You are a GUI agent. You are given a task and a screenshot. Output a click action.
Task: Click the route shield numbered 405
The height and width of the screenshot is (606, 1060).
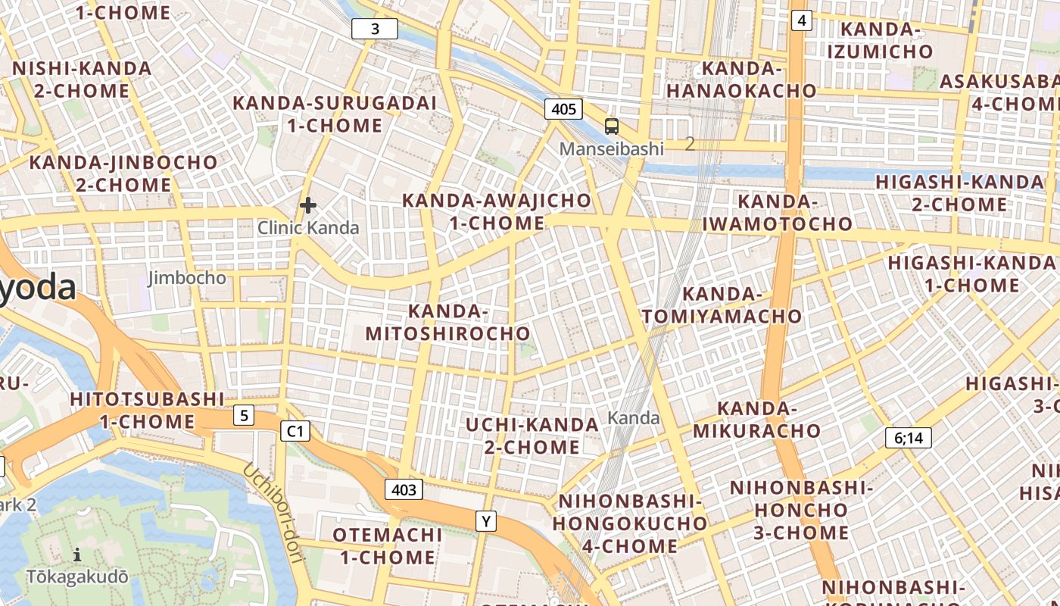563,109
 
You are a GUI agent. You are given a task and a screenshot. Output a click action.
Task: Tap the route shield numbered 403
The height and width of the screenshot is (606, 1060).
404,489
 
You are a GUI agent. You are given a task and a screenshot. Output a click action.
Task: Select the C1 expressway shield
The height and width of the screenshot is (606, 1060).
295,431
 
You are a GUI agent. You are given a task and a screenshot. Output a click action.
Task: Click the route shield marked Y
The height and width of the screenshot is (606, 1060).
486,521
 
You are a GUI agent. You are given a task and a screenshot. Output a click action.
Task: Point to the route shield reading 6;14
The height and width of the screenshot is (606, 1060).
909,438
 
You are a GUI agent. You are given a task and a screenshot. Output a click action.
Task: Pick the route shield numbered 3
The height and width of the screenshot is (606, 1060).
375,30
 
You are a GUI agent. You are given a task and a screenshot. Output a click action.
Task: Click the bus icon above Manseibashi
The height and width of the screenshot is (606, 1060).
611,127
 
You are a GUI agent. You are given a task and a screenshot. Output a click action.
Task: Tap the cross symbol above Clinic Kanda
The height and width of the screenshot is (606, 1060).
307,205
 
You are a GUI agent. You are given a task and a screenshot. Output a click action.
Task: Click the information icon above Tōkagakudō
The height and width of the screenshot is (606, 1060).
77,555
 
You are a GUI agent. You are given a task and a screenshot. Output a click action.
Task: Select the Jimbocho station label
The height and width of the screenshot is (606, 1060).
186,278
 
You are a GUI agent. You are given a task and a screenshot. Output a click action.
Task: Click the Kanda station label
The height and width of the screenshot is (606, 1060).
634,418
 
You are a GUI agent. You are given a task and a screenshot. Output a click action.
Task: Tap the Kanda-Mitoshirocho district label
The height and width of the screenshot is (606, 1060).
447,323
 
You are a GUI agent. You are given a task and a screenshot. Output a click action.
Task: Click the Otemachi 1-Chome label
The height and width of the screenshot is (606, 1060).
387,546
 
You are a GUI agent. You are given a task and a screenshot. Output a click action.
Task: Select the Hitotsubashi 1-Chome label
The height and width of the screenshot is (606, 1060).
147,411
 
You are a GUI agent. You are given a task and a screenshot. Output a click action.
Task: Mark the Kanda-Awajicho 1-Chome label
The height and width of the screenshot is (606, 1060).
497,212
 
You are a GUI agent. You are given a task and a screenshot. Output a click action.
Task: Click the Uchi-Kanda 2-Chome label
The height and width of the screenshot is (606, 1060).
532,436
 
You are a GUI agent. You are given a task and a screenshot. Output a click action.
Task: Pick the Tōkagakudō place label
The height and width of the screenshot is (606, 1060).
77,577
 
